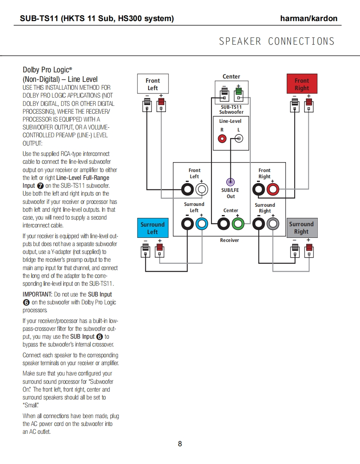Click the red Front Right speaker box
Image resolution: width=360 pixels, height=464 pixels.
(302, 84)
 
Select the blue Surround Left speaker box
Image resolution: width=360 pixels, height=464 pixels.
(152, 228)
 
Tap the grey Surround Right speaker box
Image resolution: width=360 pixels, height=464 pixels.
(302, 228)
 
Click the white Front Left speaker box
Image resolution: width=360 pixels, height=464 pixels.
(152, 84)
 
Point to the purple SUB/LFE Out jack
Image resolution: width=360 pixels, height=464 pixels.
(230, 182)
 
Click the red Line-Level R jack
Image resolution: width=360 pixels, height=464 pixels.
(222, 139)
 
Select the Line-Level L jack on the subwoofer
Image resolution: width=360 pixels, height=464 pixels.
(239, 139)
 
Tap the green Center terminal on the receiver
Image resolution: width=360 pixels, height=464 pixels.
(237, 224)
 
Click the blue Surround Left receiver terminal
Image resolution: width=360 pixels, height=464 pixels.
(202, 224)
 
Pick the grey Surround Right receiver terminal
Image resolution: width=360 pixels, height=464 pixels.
(272, 224)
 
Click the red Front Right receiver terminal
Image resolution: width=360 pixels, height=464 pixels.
(273, 190)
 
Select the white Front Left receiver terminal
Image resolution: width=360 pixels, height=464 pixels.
(202, 190)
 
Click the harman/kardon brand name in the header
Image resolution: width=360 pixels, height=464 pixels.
(308, 18)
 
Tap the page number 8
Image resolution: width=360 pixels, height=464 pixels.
(180, 444)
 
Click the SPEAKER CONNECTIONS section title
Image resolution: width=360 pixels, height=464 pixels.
(276, 41)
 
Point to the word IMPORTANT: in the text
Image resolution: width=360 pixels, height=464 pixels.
(37, 294)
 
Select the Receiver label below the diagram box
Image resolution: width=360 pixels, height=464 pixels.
(229, 240)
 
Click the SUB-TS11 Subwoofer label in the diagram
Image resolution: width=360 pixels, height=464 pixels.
(231, 110)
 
